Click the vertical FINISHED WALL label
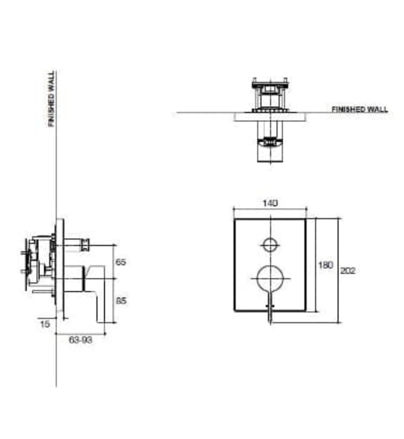[x=51, y=98]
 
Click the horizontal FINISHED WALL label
[x=360, y=109]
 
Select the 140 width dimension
[x=270, y=203]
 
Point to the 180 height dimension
[x=325, y=265]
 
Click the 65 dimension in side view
[x=121, y=262]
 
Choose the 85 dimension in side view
[x=121, y=300]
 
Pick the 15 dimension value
[x=43, y=324]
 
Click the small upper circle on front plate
[x=270, y=245]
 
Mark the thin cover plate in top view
[x=270, y=116]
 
